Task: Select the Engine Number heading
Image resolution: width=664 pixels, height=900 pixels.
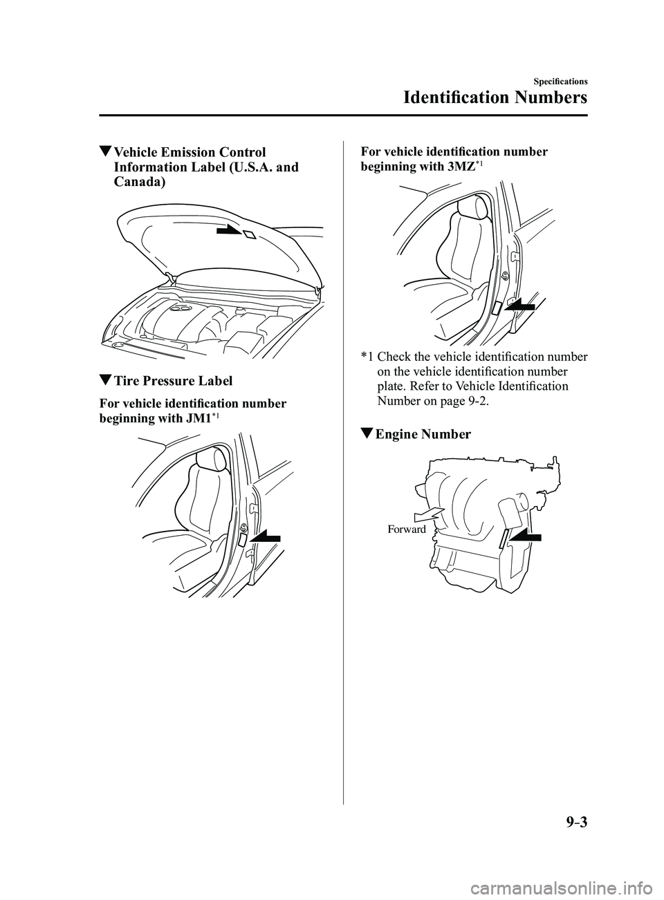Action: tap(423, 434)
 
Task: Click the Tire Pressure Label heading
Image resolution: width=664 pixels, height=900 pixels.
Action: tap(173, 380)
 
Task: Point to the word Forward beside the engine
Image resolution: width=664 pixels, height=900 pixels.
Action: tap(407, 529)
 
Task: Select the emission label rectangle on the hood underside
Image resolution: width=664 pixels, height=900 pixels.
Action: tap(249, 234)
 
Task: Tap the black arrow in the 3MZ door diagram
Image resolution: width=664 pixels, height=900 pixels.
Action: tap(519, 306)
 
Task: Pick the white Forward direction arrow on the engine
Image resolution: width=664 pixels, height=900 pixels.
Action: tap(428, 514)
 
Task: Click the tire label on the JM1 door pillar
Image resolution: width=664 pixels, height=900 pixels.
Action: tap(243, 540)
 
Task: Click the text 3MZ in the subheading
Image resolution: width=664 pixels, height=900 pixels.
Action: tap(458, 167)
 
